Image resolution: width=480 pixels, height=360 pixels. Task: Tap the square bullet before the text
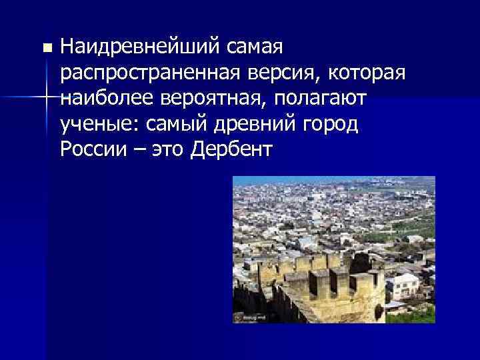[x=45, y=49]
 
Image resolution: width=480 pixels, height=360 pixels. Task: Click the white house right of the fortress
[x=404, y=287]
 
